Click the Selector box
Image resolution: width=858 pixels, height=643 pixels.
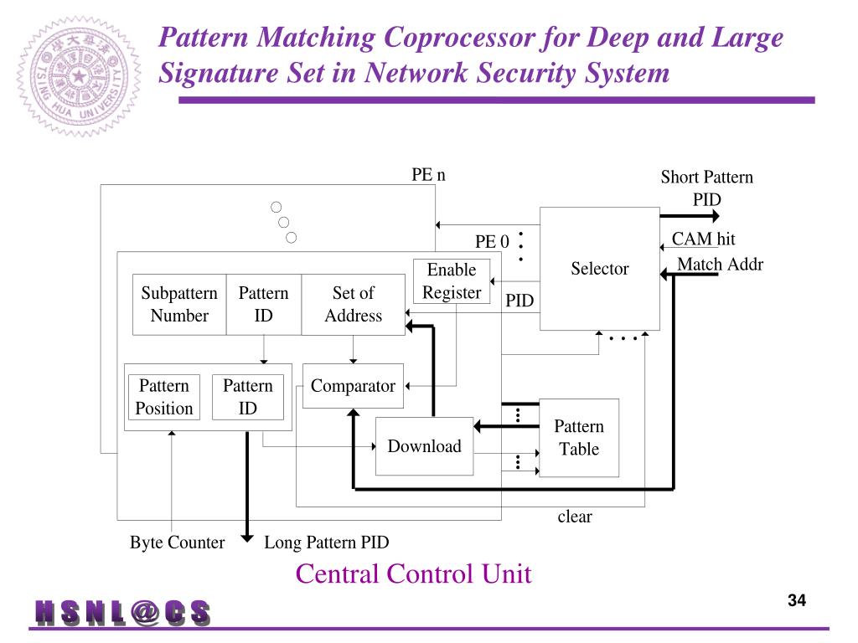click(x=599, y=269)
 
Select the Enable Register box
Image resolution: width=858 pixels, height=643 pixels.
click(x=452, y=281)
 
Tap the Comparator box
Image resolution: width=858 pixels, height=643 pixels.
click(x=353, y=386)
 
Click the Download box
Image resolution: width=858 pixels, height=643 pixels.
click(x=424, y=446)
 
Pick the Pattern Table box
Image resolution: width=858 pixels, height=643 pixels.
click(x=579, y=438)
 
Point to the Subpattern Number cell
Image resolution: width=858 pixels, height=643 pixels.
click(x=179, y=304)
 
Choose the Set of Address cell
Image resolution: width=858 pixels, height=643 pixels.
click(x=353, y=304)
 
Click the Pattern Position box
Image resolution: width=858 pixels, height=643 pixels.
click(x=164, y=397)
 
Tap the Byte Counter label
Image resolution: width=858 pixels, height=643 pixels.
click(x=177, y=543)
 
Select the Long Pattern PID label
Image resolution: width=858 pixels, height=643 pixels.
click(x=327, y=543)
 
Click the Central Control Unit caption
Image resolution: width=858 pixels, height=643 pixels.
click(x=413, y=574)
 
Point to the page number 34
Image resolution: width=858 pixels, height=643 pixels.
click(x=796, y=600)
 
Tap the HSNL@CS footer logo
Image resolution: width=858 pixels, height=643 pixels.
click(x=122, y=614)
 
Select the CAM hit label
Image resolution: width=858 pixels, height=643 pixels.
click(x=703, y=239)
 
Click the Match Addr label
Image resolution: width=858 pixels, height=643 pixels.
click(x=720, y=265)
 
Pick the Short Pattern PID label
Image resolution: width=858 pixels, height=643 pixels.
click(x=706, y=188)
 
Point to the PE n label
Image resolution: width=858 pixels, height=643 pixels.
click(x=428, y=174)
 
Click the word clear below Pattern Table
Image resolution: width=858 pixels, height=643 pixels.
click(x=575, y=517)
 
